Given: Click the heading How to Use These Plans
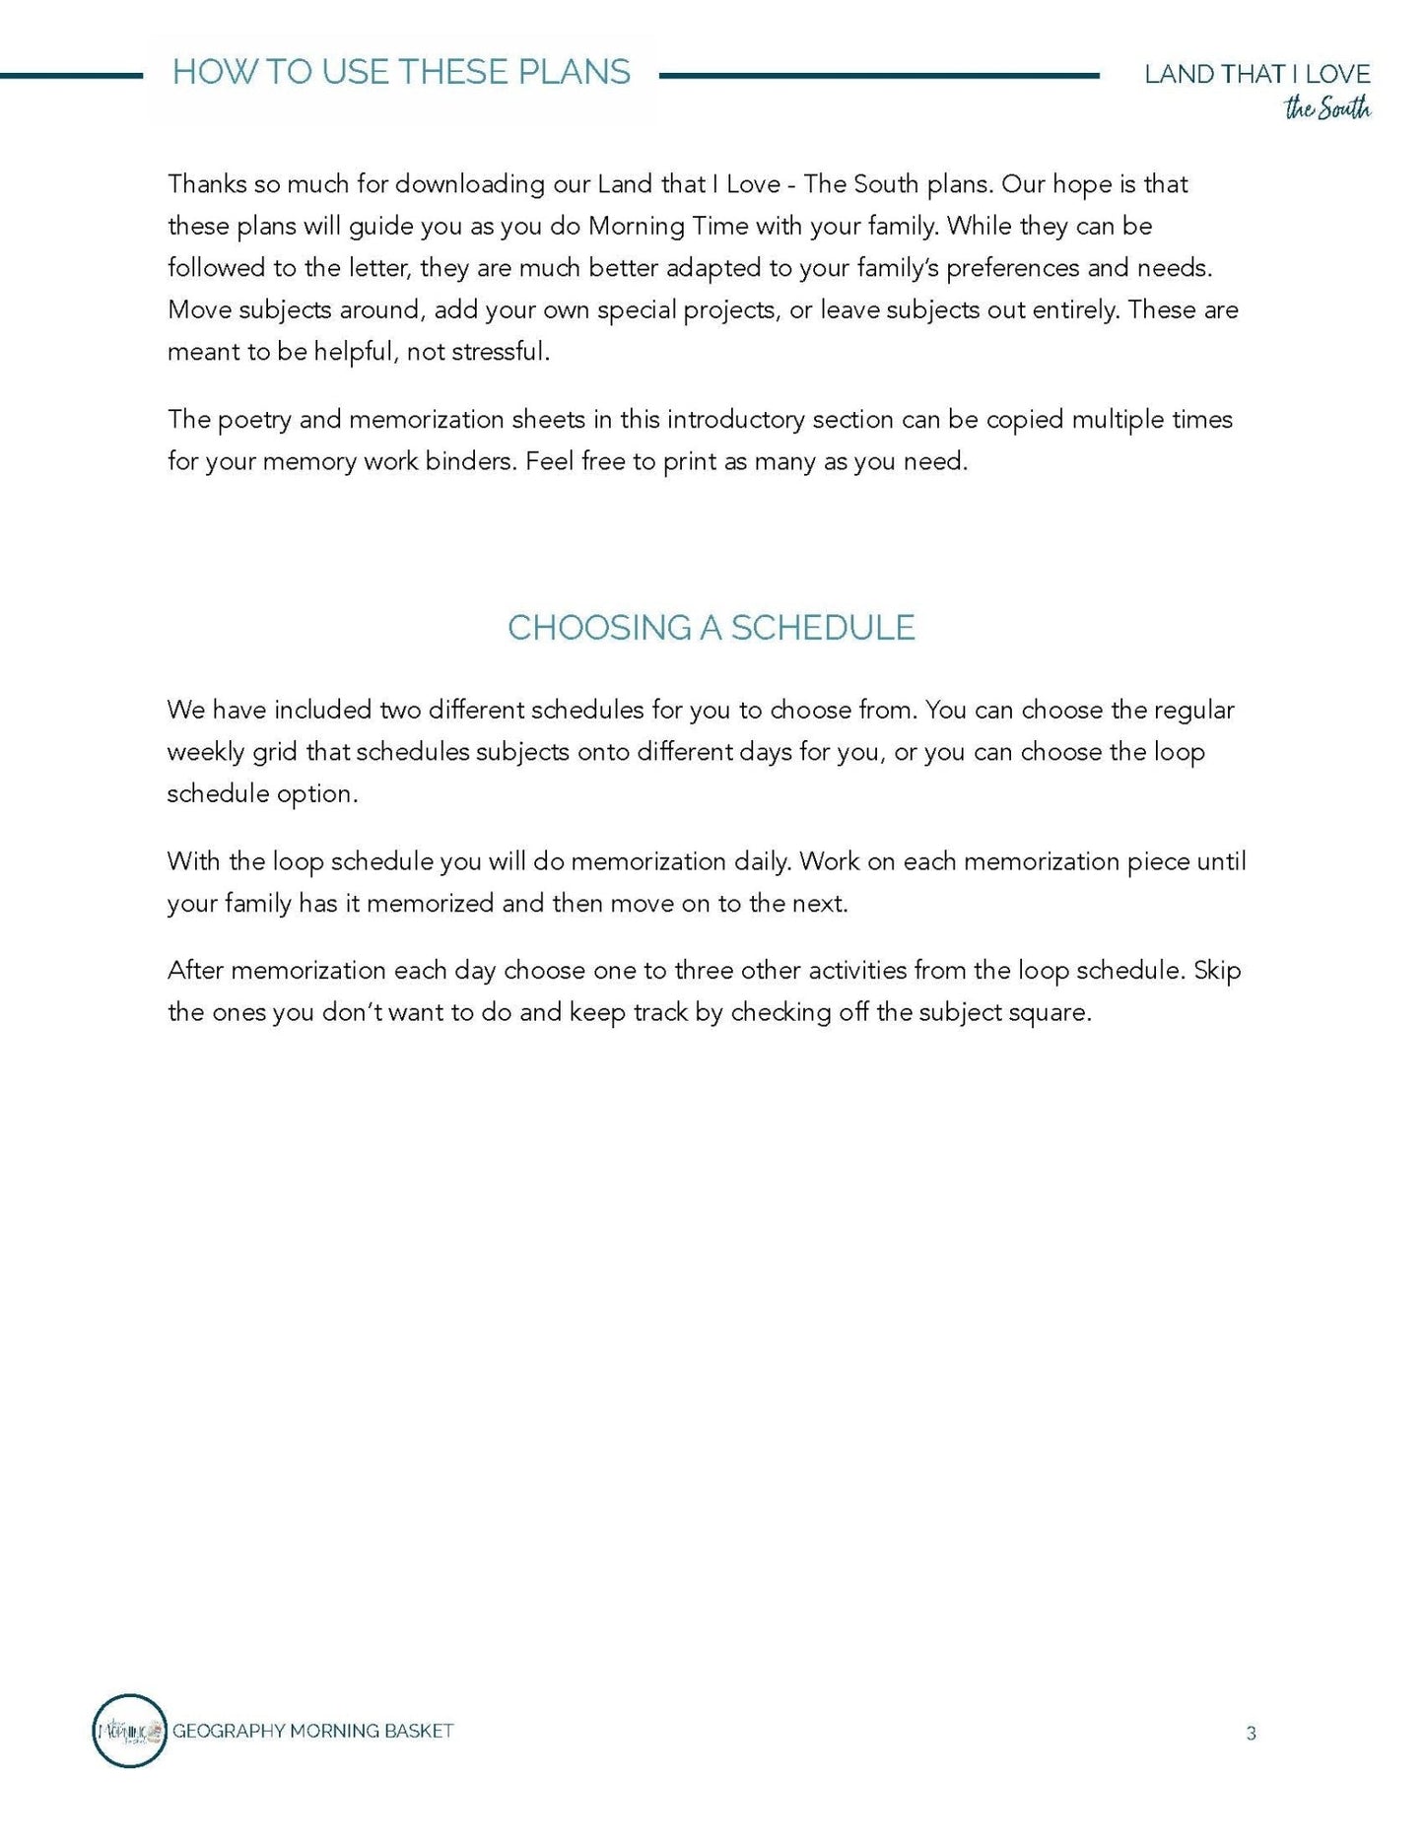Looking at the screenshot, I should click(x=401, y=73).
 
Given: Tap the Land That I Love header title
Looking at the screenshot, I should click(x=1256, y=74).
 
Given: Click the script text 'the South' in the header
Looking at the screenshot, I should click(x=1326, y=108).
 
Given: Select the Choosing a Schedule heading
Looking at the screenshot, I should click(x=711, y=628).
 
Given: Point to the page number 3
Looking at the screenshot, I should click(x=1251, y=1733).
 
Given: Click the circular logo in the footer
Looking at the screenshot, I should click(x=129, y=1730).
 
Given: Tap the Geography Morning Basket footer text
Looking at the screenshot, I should click(x=312, y=1731).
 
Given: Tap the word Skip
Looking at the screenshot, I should click(x=1217, y=971).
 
